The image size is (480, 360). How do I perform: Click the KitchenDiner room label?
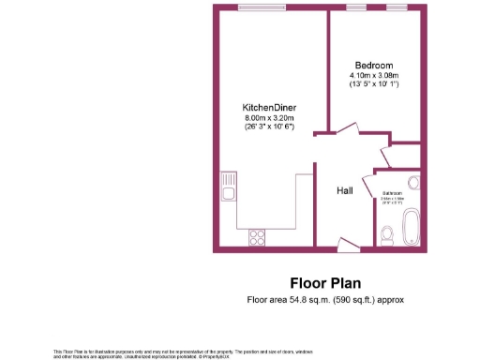pyautogui.click(x=270, y=108)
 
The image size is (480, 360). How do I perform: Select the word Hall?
pyautogui.click(x=344, y=190)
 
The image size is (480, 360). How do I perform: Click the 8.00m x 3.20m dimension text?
pyautogui.click(x=270, y=118)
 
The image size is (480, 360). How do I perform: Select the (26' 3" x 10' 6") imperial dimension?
pyautogui.click(x=270, y=127)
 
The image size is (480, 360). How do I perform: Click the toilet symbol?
pyautogui.click(x=387, y=234)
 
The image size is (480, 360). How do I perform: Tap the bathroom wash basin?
pyautogui.click(x=412, y=184)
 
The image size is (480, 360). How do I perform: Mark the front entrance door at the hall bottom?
pyautogui.click(x=347, y=246)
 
